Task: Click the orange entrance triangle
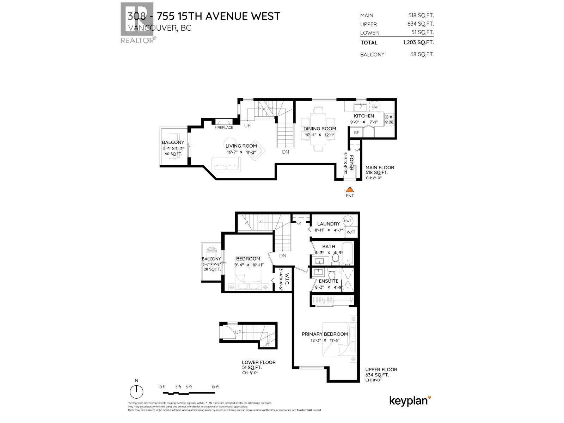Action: pyautogui.click(x=350, y=190)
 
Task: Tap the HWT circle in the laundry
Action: pyautogui.click(x=348, y=221)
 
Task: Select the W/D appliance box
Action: pyautogui.click(x=351, y=232)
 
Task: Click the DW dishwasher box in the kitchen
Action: pyautogui.click(x=375, y=107)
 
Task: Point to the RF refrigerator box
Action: pyautogui.click(x=356, y=133)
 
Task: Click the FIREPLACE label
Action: pyautogui.click(x=224, y=127)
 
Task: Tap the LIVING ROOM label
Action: pyautogui.click(x=241, y=146)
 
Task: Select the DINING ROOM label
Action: pyautogui.click(x=320, y=129)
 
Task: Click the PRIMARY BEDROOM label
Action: pyautogui.click(x=325, y=334)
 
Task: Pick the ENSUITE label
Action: pyautogui.click(x=329, y=281)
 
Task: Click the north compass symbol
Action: pyautogui.click(x=136, y=391)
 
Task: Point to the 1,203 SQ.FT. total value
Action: pyautogui.click(x=418, y=42)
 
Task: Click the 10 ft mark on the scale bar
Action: pyautogui.click(x=215, y=387)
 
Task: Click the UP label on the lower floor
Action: pyautogui.click(x=238, y=332)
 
